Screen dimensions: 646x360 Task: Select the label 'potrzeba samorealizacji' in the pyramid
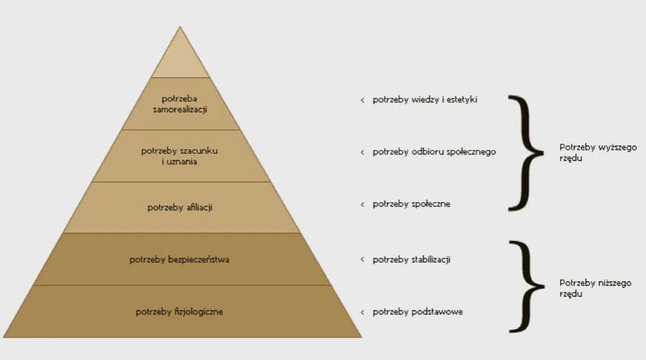click(x=180, y=104)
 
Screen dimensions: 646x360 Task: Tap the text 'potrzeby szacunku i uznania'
click(x=179, y=156)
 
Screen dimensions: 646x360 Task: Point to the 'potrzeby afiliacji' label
click(x=180, y=207)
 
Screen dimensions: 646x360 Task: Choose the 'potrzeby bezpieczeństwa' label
click(x=179, y=259)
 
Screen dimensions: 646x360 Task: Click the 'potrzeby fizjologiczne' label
click(x=179, y=312)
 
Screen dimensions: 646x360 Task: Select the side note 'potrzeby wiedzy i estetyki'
click(x=424, y=99)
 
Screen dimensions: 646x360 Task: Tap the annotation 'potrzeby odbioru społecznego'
click(x=434, y=152)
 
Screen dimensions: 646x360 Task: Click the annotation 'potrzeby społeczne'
click(x=411, y=204)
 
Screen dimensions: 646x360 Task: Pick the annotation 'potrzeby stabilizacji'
click(x=411, y=260)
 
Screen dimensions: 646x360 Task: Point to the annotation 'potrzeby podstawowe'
click(x=418, y=312)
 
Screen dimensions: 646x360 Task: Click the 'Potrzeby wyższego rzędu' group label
click(x=598, y=152)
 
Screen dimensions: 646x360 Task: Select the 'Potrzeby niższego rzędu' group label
click(x=595, y=288)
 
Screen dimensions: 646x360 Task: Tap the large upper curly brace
click(x=526, y=153)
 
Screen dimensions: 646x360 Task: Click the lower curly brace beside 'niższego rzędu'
click(x=527, y=286)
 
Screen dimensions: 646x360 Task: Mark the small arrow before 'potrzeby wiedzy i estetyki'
click(x=362, y=100)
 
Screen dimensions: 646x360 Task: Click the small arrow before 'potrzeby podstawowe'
click(x=362, y=312)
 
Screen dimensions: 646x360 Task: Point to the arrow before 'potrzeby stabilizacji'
click(x=362, y=259)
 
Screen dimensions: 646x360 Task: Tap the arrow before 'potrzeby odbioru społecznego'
click(x=362, y=152)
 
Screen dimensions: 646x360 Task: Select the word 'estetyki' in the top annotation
click(x=462, y=99)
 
